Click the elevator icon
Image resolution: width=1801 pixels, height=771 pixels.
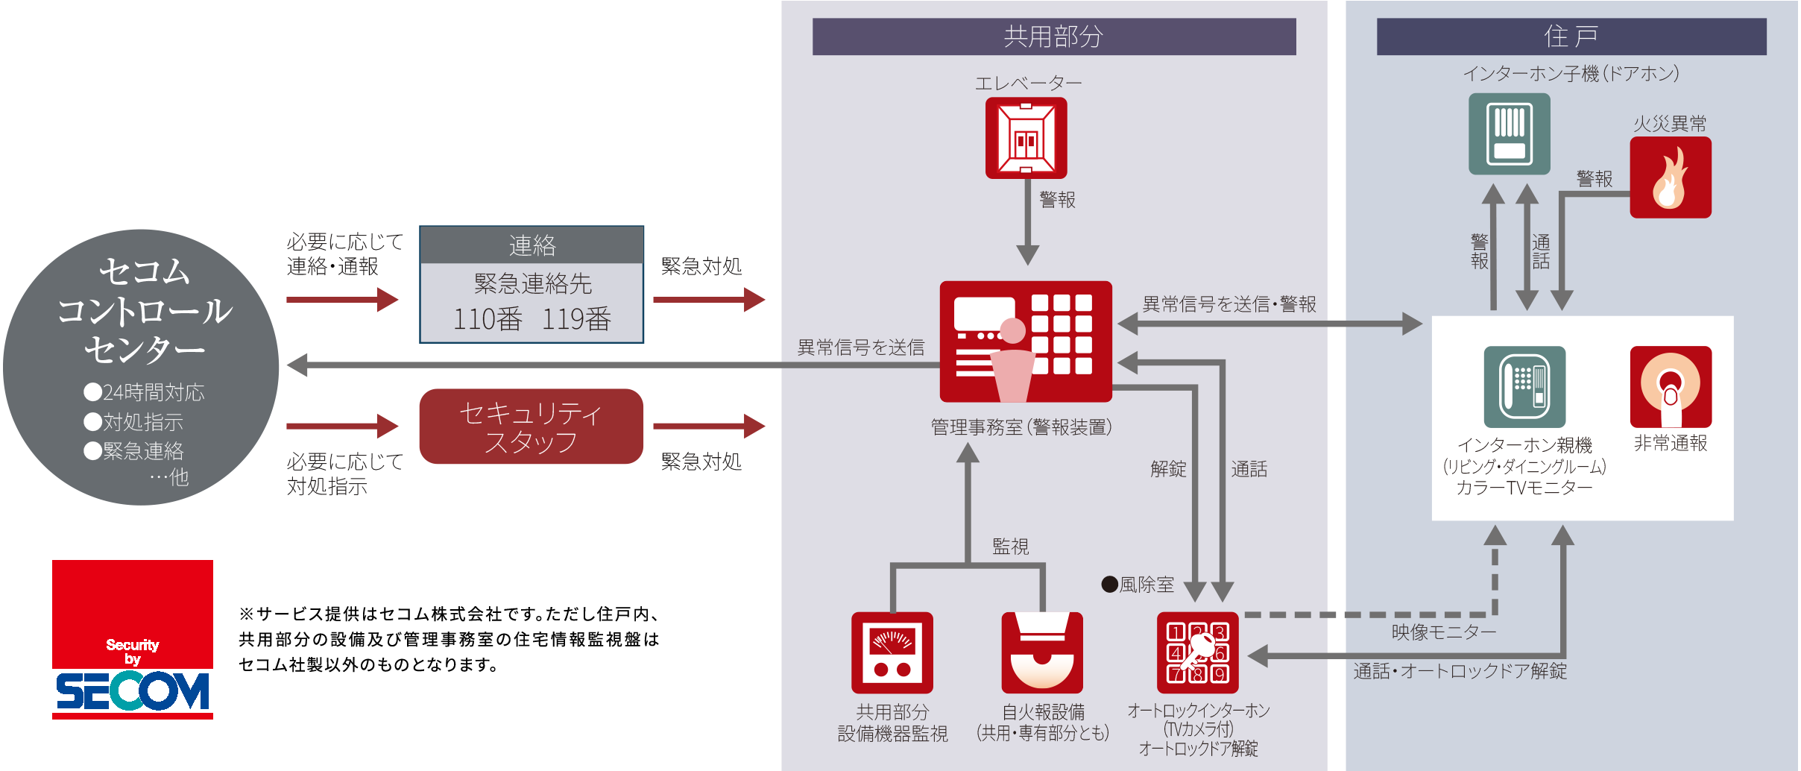coord(1026,139)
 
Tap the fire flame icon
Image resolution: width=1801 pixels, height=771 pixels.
coord(1670,177)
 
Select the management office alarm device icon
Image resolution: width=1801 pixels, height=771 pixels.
coord(1026,342)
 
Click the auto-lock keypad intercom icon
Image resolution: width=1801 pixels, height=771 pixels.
coord(1197,653)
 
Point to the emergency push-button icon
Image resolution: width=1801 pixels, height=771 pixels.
coord(1670,387)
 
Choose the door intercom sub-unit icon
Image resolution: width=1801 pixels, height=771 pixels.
coord(1509,134)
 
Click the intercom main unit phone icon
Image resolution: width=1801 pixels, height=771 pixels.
coord(1524,387)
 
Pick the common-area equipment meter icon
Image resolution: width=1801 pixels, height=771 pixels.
coord(892,653)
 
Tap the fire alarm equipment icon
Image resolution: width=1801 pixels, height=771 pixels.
coord(1041,653)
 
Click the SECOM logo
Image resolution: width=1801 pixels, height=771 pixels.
coord(133,640)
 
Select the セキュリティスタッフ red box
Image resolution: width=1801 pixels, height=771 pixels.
coord(531,427)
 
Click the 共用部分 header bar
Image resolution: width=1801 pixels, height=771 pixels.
coord(1053,37)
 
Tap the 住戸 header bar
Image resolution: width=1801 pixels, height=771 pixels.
coord(1571,37)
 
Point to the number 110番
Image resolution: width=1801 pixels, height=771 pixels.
coord(488,319)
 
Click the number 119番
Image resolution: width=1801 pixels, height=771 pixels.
coord(575,319)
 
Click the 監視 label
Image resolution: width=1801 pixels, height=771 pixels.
coord(1010,547)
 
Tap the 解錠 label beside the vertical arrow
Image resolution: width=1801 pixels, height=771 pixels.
coord(1167,469)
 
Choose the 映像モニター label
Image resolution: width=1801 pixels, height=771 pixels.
coord(1443,632)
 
